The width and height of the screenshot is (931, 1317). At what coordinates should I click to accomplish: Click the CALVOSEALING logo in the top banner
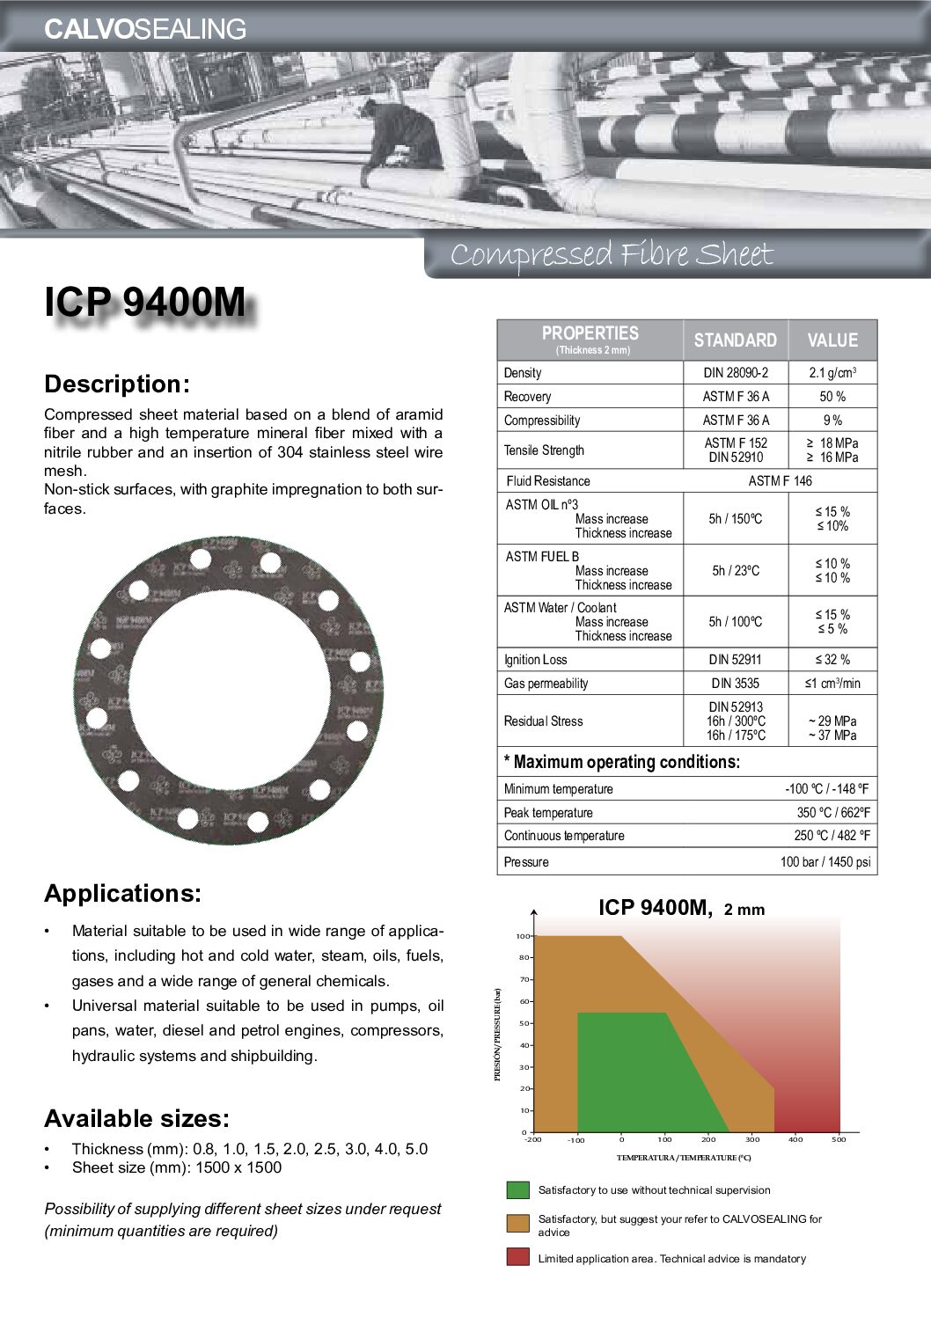click(x=145, y=29)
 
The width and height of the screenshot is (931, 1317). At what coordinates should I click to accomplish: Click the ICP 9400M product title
click(x=145, y=303)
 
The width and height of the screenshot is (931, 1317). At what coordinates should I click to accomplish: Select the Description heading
click(x=117, y=384)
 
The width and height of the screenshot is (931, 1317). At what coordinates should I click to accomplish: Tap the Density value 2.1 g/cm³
click(x=832, y=373)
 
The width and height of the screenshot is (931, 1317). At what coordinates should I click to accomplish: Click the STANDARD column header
click(x=735, y=340)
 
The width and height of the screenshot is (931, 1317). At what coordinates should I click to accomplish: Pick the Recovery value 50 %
click(x=832, y=397)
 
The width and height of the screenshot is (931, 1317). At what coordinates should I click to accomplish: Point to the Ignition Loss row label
click(x=535, y=660)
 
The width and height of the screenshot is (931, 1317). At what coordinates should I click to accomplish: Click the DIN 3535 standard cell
click(x=735, y=684)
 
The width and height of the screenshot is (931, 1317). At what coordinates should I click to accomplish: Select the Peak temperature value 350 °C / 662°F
click(x=832, y=813)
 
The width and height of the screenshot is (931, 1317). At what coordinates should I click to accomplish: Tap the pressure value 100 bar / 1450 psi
click(x=825, y=862)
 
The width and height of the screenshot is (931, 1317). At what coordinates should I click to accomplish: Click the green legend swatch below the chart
click(x=518, y=1190)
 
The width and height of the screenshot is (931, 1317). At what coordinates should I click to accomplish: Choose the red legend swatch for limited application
click(x=518, y=1256)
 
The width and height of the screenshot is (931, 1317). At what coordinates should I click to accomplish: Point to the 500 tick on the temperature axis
click(x=839, y=1140)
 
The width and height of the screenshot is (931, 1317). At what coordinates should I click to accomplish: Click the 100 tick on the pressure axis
click(x=522, y=937)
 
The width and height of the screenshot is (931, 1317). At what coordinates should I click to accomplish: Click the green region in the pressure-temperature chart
click(x=634, y=1073)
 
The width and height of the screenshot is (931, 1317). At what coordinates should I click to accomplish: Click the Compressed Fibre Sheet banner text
click(x=611, y=255)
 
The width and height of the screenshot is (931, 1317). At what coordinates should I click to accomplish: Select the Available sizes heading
click(x=136, y=1119)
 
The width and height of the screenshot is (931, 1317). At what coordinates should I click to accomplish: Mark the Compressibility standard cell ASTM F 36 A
click(x=735, y=421)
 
